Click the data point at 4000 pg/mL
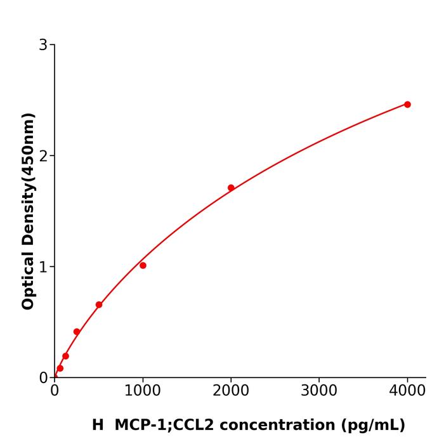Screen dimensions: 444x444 click(407, 105)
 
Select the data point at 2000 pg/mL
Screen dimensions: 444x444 click(231, 188)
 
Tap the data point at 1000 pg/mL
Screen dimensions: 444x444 click(143, 265)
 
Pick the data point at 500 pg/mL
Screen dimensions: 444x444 click(99, 304)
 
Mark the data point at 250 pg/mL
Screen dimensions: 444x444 click(77, 332)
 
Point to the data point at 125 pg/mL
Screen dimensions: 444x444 click(65, 356)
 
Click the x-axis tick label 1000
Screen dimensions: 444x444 click(143, 390)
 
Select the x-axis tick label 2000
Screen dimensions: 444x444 click(231, 390)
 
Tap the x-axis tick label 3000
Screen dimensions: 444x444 click(319, 390)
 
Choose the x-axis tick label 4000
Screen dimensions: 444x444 click(407, 390)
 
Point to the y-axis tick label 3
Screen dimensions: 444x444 click(43, 45)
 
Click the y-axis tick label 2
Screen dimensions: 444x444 click(43, 156)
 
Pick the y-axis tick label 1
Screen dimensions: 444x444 click(43, 267)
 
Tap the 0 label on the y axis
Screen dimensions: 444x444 click(43, 378)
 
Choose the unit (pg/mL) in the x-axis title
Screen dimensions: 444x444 click(373, 425)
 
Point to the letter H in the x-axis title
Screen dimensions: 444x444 click(98, 425)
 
